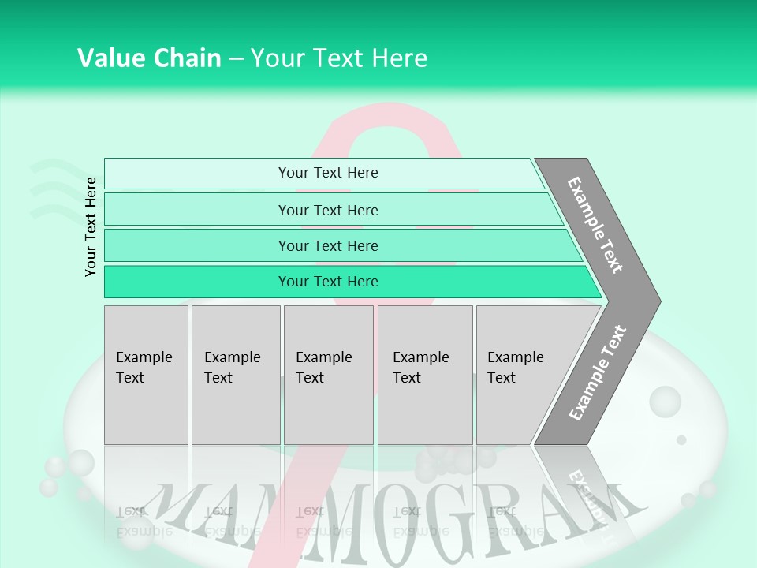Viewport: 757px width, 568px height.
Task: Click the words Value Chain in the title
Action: [x=149, y=58]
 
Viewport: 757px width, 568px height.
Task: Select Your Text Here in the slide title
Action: [x=339, y=58]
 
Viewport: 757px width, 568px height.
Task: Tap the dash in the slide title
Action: [x=236, y=59]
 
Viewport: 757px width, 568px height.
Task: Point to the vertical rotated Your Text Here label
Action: [x=91, y=226]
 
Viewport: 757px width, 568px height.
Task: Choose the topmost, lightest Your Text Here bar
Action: [x=328, y=173]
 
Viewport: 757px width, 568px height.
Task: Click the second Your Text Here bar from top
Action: [x=328, y=210]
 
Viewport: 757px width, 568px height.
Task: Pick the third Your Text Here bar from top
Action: [x=328, y=245]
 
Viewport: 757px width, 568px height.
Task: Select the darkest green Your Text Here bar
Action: [x=328, y=282]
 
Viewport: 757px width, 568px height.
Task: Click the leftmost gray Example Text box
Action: [x=146, y=375]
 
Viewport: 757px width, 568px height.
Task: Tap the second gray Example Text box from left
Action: [x=235, y=375]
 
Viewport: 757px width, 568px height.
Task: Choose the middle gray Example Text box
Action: [x=328, y=375]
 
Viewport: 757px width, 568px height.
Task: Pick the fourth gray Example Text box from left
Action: [x=425, y=375]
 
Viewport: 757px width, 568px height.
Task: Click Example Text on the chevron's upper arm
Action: [x=596, y=225]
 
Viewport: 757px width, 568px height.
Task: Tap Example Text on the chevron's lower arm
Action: [x=598, y=372]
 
